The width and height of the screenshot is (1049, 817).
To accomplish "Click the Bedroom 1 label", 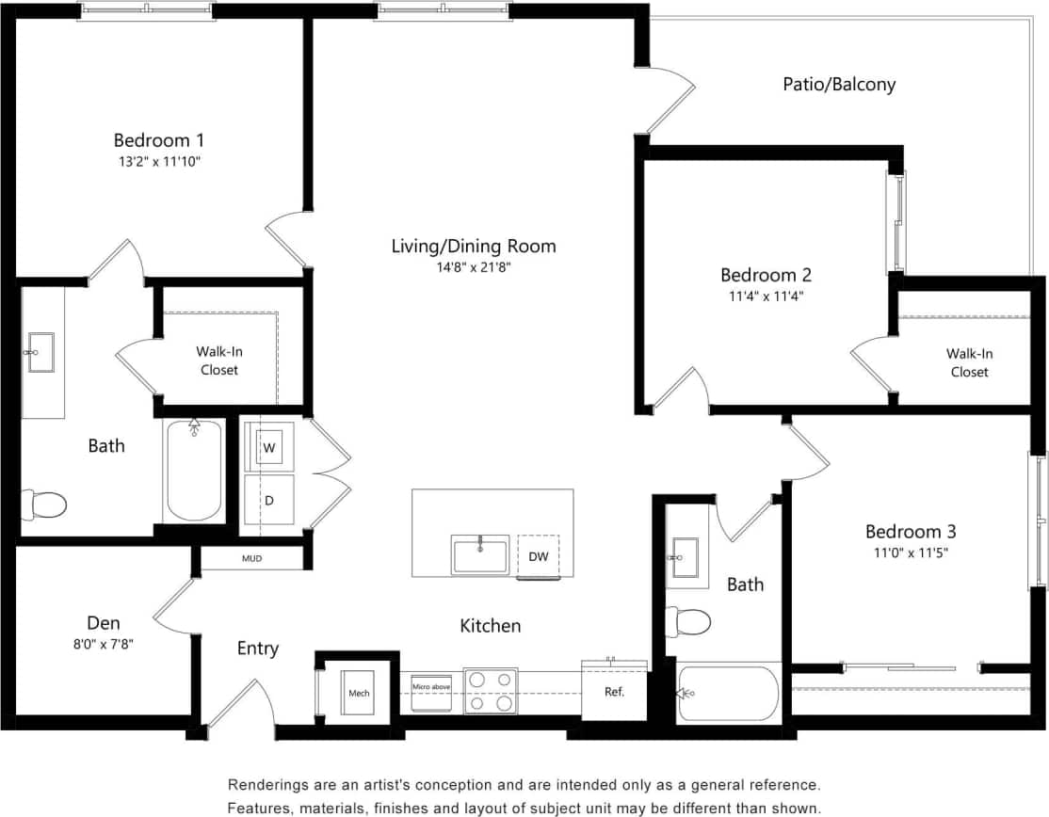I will click(158, 140).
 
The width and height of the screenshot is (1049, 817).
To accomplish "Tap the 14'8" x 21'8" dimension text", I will click(474, 266).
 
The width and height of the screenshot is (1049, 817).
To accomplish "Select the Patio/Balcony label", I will click(839, 84).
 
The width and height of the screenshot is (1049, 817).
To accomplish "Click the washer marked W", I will click(269, 447).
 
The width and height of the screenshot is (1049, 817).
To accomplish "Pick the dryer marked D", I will click(269, 500).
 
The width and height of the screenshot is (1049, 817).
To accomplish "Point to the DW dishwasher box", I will click(538, 556).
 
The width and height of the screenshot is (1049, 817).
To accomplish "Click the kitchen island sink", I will click(479, 554).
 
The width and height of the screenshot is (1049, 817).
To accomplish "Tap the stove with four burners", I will click(490, 691).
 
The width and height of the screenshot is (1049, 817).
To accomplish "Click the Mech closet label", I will click(359, 694).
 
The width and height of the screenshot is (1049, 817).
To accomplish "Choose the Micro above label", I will click(431, 687).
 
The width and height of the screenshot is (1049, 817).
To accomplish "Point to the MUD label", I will click(251, 559).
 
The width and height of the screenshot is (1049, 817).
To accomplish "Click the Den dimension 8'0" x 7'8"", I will click(104, 643).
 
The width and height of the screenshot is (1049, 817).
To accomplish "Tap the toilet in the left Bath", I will click(44, 505).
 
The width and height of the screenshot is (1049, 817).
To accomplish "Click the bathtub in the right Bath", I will click(729, 695).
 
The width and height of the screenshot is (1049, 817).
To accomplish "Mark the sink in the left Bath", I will click(42, 353).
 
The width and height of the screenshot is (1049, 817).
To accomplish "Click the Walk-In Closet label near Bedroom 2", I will click(969, 362).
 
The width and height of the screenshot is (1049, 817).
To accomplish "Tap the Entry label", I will click(257, 649).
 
